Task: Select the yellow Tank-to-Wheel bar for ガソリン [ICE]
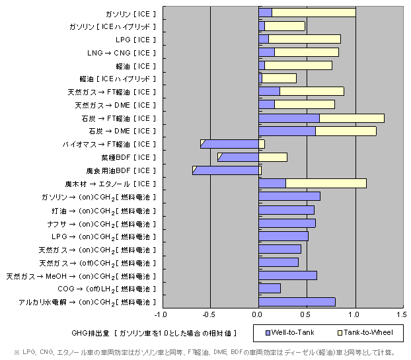click(x=313, y=13)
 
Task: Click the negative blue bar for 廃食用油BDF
click(x=226, y=170)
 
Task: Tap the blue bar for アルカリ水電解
click(x=297, y=302)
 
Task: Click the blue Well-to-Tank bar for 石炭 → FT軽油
click(x=289, y=118)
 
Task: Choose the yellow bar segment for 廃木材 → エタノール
click(x=326, y=184)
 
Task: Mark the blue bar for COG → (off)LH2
click(x=270, y=289)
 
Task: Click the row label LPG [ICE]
click(x=135, y=40)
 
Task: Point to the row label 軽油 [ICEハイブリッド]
click(x=118, y=79)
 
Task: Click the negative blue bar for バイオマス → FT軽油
click(x=230, y=144)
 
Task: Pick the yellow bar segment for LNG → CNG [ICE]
click(x=306, y=52)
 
